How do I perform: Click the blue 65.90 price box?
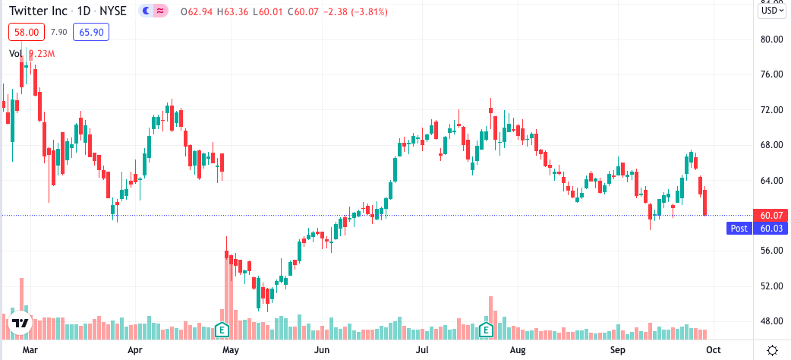[91, 32]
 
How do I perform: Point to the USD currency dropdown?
[771, 11]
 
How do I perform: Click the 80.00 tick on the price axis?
[772, 39]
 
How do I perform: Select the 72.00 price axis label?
[772, 109]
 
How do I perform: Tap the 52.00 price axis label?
[772, 286]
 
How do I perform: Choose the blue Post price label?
[739, 228]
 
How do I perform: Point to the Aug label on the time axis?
[518, 350]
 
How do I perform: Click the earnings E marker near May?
[222, 330]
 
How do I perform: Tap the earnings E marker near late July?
[486, 330]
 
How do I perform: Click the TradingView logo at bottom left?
[20, 324]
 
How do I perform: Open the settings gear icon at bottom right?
[771, 350]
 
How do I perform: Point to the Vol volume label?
[16, 53]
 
